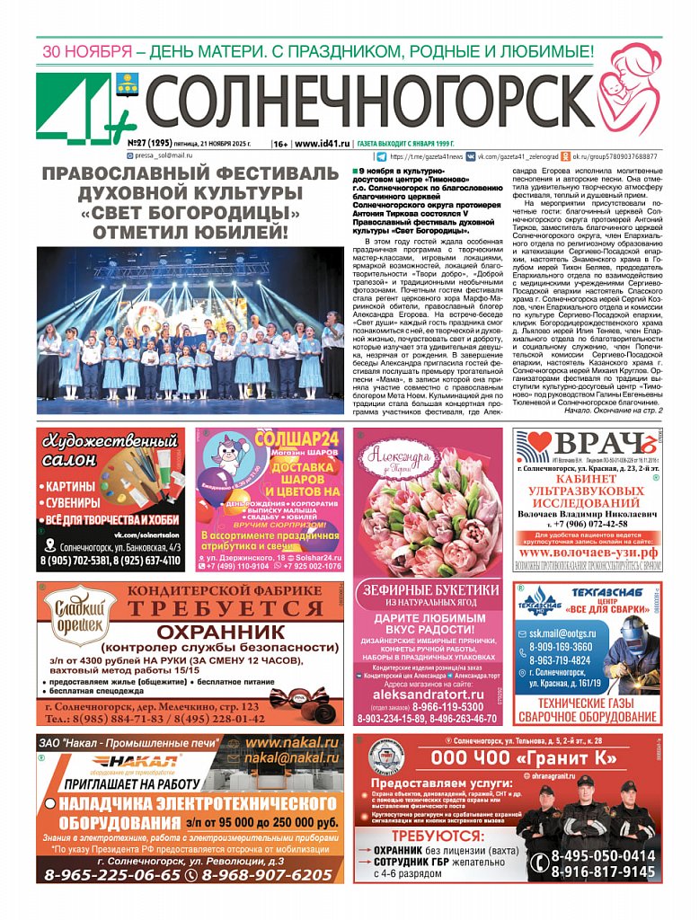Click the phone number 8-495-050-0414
tap(603, 855)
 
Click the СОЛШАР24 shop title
tap(297, 439)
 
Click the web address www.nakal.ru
tap(292, 743)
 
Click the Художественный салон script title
tap(109, 450)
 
